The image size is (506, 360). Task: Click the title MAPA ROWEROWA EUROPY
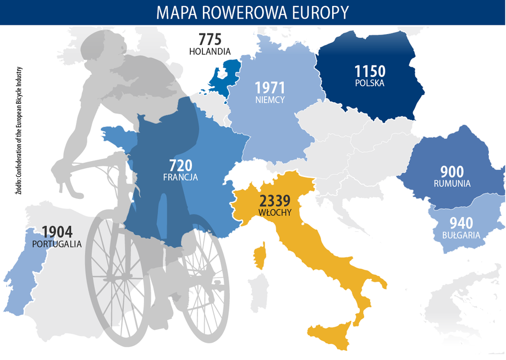pyautogui.click(x=252, y=12)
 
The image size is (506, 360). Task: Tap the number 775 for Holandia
pyautogui.click(x=210, y=40)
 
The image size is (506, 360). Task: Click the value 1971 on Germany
pyautogui.click(x=269, y=88)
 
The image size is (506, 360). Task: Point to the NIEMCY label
pyautogui.click(x=269, y=100)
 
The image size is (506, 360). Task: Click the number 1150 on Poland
pyautogui.click(x=370, y=71)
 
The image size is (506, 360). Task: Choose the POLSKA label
pyautogui.click(x=370, y=84)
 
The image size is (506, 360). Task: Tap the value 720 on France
pyautogui.click(x=180, y=165)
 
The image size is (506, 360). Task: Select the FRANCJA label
pyautogui.click(x=180, y=178)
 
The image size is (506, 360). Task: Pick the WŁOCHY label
pyautogui.click(x=274, y=211)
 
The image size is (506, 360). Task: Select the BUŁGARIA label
pyautogui.click(x=461, y=235)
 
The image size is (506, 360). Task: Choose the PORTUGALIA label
pyautogui.click(x=57, y=243)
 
